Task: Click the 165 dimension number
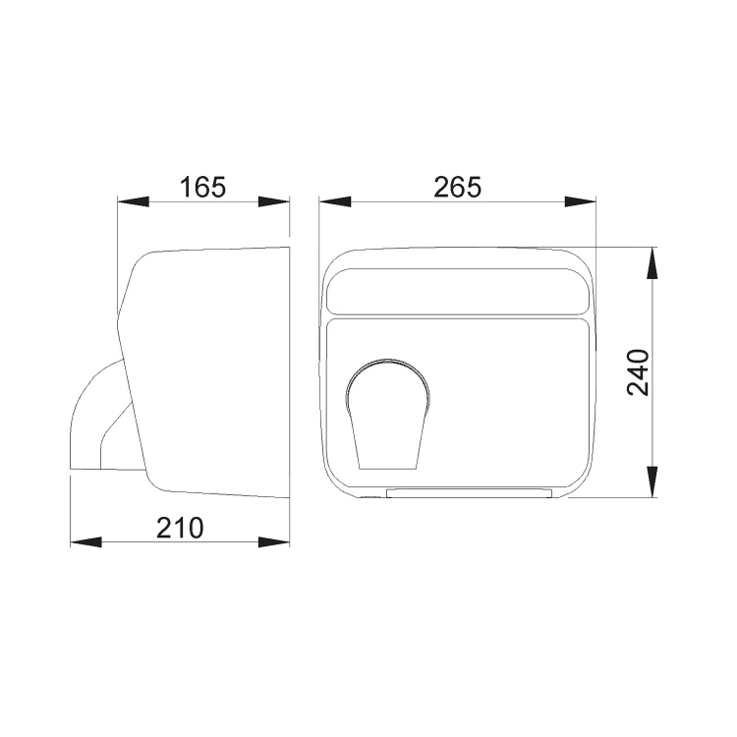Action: (203, 187)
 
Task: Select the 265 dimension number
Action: (457, 187)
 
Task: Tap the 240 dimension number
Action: (638, 371)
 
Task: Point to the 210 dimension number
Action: (180, 528)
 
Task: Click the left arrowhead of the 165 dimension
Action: (133, 201)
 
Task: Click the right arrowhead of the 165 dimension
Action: (274, 201)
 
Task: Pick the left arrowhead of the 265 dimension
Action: (335, 201)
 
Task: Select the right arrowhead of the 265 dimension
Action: (580, 201)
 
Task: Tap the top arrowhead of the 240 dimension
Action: (652, 263)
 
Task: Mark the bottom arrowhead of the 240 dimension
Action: (652, 482)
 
